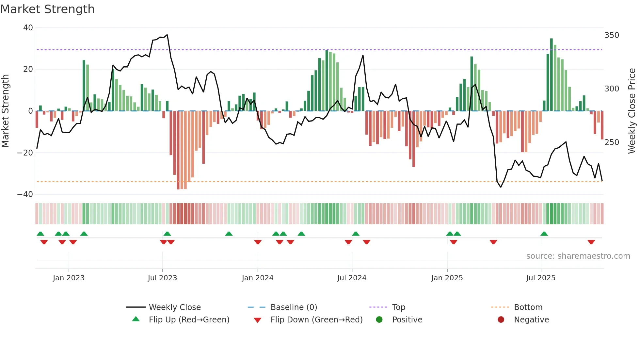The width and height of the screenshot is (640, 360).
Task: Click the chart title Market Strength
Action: click(47, 9)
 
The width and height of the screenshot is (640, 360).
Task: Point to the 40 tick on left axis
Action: click(28, 28)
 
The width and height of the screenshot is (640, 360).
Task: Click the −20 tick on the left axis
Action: click(25, 153)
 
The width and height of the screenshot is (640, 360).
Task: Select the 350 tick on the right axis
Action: click(612, 35)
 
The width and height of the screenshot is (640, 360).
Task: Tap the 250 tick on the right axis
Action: click(612, 142)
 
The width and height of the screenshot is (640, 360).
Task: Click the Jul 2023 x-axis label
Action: click(162, 278)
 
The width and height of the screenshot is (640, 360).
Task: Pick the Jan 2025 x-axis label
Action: click(447, 278)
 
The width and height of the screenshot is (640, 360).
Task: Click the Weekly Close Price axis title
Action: click(632, 111)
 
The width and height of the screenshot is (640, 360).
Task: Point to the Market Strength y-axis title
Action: click(6, 111)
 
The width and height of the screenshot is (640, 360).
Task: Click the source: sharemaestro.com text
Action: click(578, 256)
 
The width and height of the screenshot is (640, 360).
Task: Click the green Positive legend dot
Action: click(379, 319)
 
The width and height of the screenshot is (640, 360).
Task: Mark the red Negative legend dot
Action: click(501, 319)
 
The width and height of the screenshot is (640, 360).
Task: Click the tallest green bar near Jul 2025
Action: click(552, 75)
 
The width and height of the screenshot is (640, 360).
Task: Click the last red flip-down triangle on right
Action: click(591, 242)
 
